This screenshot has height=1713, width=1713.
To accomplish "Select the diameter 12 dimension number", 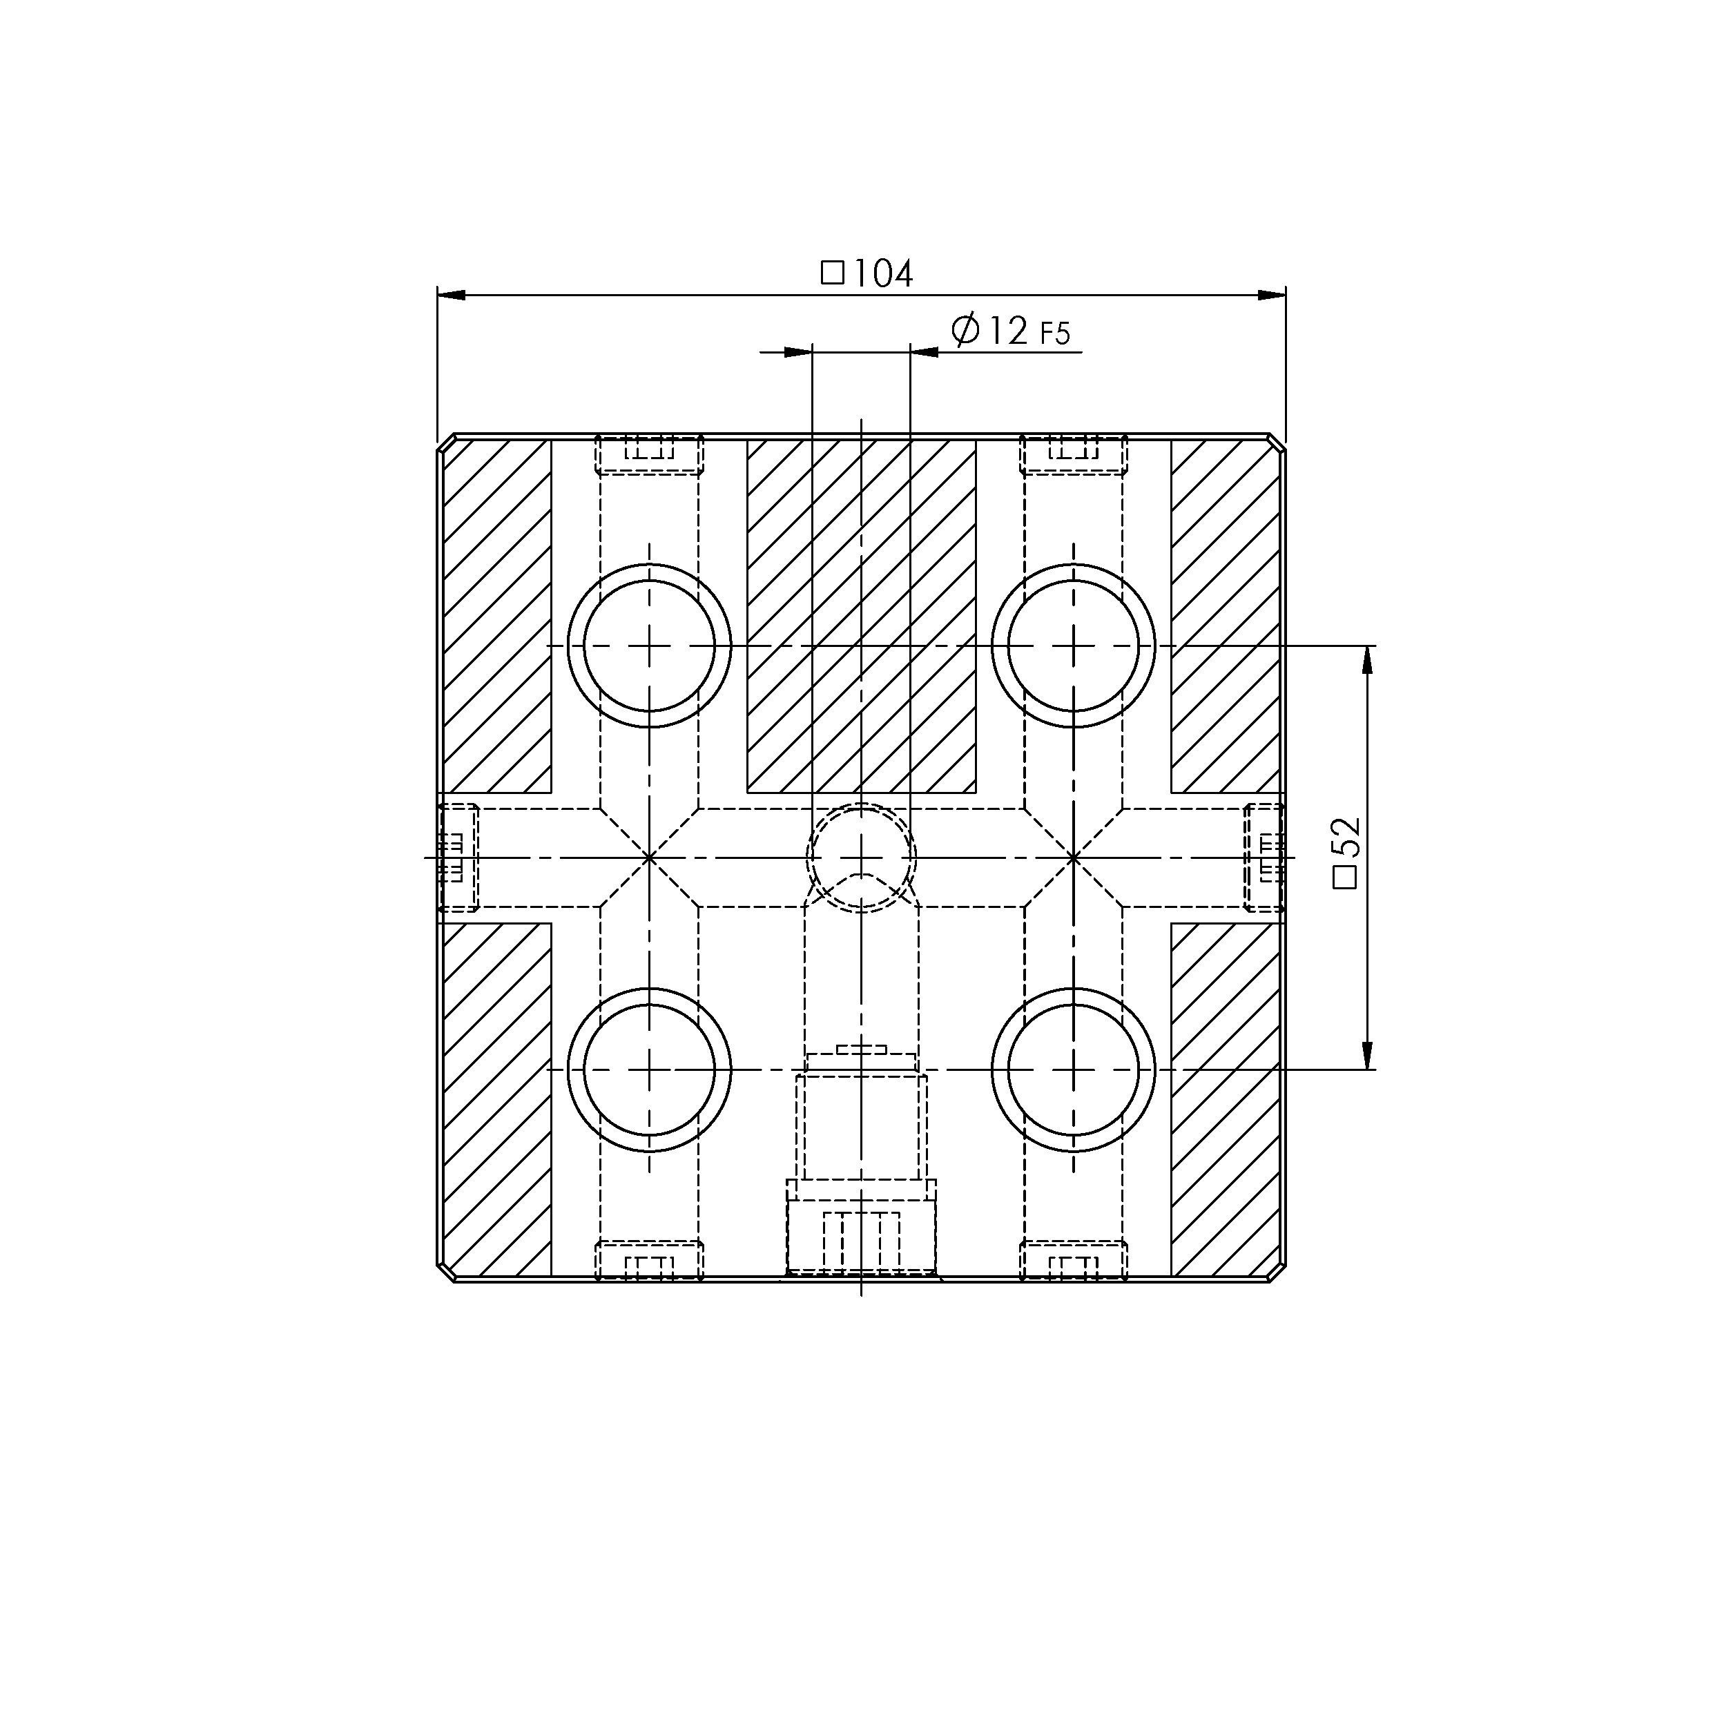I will coord(1005,331).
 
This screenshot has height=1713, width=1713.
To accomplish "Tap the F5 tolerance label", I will coord(1055,334).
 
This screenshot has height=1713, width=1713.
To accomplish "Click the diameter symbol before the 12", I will coord(965,330).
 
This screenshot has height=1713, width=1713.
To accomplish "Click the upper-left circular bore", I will coord(649,646).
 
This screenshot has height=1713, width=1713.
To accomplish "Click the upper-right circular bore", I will coord(1073,646).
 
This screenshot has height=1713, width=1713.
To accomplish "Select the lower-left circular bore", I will coord(649,1070).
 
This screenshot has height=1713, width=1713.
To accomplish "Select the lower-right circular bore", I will coord(1073,1070).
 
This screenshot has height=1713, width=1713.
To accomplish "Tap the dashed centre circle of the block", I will coord(861,858).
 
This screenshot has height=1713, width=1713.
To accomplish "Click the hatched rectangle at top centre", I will coord(861,616).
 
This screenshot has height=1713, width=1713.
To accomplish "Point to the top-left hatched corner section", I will coord(496,616).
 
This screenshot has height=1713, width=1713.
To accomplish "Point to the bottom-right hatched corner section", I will coord(1226,1099).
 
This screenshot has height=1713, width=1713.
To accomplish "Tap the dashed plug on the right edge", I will coord(1264,858).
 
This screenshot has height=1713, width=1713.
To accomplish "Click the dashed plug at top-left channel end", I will coord(649,455).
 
